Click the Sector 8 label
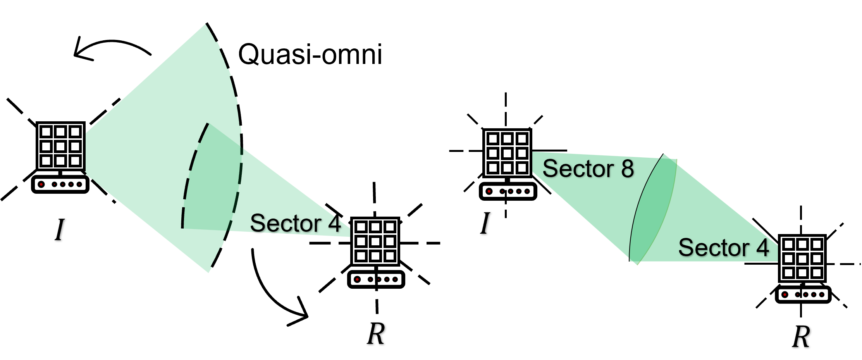[x=588, y=169]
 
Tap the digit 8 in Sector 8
[x=628, y=169]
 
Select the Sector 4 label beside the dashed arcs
[x=296, y=223]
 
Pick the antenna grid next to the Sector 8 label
[x=507, y=153]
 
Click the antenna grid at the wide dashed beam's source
[x=60, y=146]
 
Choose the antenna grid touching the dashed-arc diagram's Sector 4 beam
[x=375, y=241]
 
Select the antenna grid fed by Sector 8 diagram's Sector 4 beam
[x=802, y=258]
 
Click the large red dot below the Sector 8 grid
[x=489, y=191]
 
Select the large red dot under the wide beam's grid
[x=41, y=184]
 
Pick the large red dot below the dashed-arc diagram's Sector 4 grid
[x=357, y=279]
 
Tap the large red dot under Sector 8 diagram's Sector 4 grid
[x=785, y=295]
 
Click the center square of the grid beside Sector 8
[x=507, y=153]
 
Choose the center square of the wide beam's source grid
[x=60, y=146]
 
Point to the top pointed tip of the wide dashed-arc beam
[x=205, y=25]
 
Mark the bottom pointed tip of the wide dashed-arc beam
[x=208, y=272]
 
